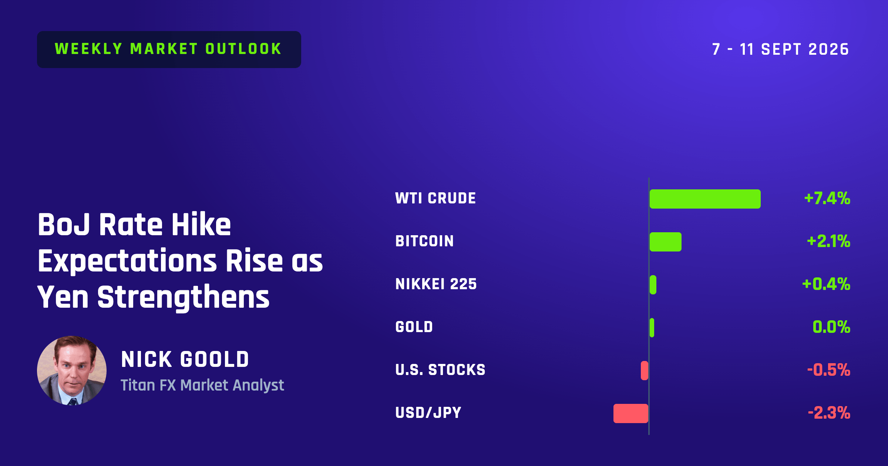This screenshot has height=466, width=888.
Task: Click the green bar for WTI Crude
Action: click(705, 199)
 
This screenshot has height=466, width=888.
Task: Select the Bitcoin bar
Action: click(665, 242)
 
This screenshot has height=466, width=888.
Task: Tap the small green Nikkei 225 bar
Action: click(653, 285)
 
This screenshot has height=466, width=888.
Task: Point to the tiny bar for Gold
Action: click(652, 328)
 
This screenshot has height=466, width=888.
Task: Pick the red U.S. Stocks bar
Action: click(645, 371)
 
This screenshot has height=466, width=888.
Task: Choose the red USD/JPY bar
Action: click(631, 413)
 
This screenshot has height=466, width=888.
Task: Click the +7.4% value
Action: click(827, 198)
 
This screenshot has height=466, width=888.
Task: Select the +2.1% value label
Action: click(829, 241)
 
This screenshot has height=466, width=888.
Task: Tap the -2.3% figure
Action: click(829, 413)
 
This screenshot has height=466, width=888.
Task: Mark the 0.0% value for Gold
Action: click(831, 327)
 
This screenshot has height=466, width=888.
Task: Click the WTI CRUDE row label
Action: click(435, 198)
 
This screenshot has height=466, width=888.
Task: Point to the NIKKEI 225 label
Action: click(436, 284)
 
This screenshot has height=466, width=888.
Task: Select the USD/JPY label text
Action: click(428, 413)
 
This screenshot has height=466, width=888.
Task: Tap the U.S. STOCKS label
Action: click(440, 370)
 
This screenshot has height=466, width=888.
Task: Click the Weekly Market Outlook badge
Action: click(169, 49)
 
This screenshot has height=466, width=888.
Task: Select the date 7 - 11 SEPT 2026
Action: click(781, 49)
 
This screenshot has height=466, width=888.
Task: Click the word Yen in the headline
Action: click(63, 297)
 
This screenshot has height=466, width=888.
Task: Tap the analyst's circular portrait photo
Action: click(72, 371)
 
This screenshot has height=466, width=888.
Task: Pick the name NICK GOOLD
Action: click(185, 359)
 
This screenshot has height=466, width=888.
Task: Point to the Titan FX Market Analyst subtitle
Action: click(202, 385)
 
